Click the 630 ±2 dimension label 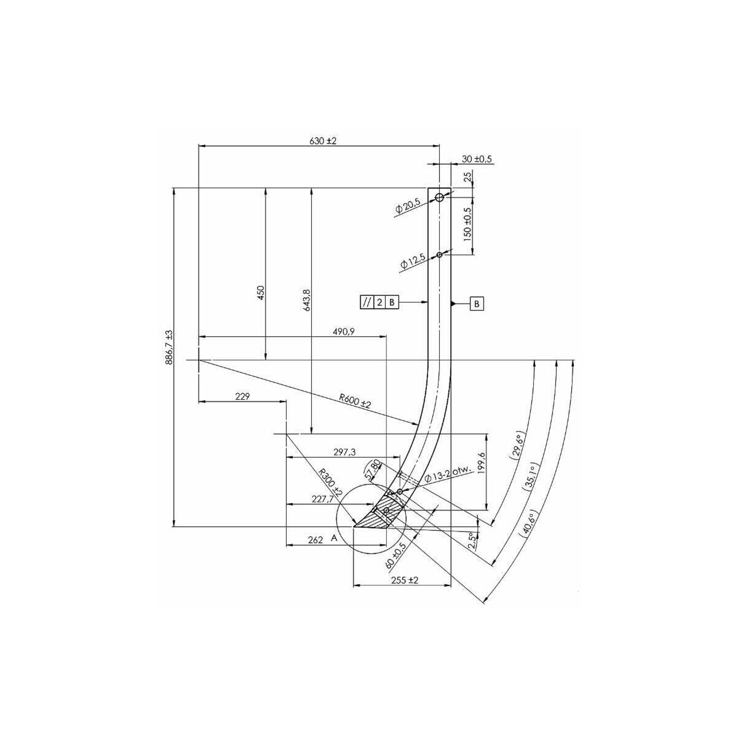323,141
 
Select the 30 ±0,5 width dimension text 477,159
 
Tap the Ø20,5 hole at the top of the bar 439,197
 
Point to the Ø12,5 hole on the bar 439,254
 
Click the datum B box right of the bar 477,304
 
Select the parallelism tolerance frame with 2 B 379,302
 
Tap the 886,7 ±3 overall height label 170,347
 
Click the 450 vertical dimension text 261,292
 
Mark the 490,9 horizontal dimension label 344,331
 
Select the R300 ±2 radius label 330,483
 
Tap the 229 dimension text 242,397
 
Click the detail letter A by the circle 334,539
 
